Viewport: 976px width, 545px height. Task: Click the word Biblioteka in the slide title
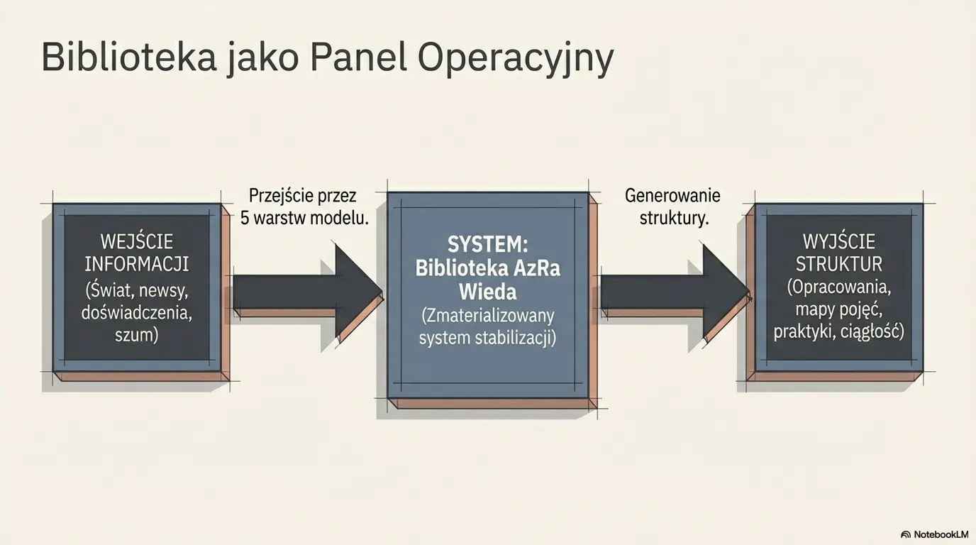tap(128, 57)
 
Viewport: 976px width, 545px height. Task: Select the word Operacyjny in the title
tap(515, 59)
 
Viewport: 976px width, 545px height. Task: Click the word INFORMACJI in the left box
tap(137, 264)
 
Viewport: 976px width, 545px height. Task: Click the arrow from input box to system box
tap(305, 290)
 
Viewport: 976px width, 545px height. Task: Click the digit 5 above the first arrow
tap(245, 218)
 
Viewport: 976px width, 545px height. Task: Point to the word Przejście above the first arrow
tap(282, 196)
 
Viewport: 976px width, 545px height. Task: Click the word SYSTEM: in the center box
tap(487, 245)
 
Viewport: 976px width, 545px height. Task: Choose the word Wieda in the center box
tap(487, 292)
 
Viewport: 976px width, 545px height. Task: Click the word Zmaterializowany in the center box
tap(487, 315)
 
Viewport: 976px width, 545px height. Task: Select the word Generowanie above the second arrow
tap(672, 196)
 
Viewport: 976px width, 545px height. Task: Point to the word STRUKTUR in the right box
tap(839, 264)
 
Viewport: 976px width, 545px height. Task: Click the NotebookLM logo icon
tap(906, 534)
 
